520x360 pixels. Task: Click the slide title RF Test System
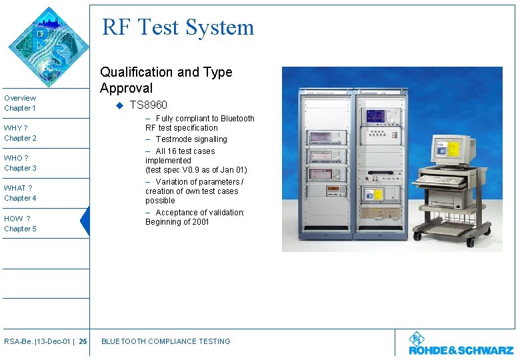[178, 27]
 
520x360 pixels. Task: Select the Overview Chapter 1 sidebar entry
[20, 103]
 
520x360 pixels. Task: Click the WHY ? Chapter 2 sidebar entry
[20, 133]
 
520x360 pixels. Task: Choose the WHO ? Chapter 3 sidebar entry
[20, 163]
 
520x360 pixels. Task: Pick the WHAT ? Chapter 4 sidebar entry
[20, 193]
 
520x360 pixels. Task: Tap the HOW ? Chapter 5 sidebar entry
[20, 223]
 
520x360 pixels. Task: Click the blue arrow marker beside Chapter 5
[85, 222]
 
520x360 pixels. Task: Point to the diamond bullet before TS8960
[119, 105]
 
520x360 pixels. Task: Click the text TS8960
[149, 105]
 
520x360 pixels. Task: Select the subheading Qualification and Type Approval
[166, 80]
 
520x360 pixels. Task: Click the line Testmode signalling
[191, 139]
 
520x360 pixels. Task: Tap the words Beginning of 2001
[177, 222]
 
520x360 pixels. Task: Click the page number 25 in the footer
[83, 342]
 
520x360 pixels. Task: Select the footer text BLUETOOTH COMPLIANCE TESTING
[165, 341]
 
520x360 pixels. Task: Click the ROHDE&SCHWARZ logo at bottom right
[461, 345]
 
